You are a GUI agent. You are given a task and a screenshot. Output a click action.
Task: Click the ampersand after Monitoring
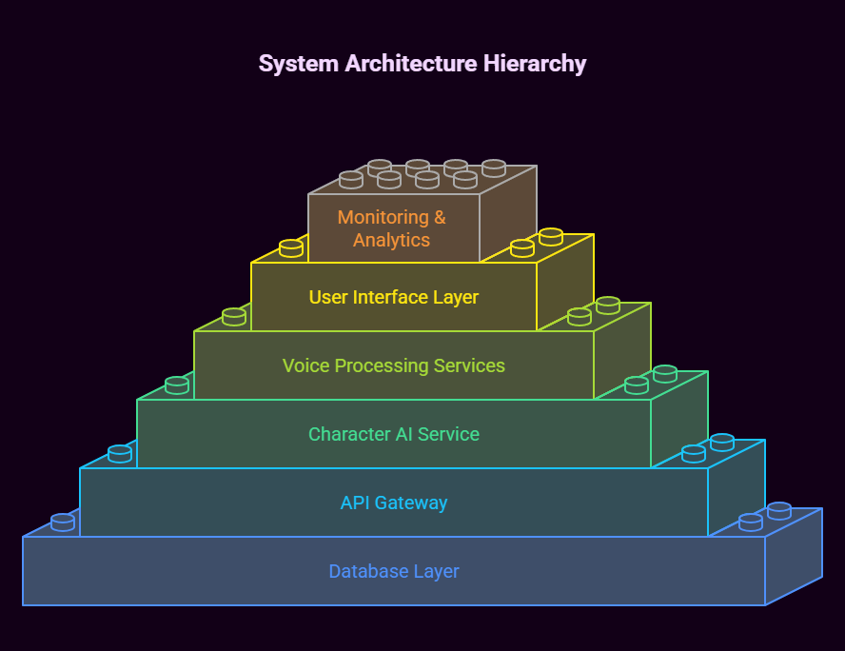pos(440,217)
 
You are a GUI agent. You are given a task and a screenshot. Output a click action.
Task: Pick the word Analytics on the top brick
pos(391,240)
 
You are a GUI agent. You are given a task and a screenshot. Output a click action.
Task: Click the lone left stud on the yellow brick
pos(291,248)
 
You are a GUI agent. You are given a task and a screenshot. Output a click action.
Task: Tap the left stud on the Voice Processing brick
pos(234,317)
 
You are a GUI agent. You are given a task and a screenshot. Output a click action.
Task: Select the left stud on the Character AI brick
pos(177,385)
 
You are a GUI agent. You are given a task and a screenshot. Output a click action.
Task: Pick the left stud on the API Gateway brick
pos(120,454)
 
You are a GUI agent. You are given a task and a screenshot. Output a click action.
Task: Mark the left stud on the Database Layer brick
pos(63,523)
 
